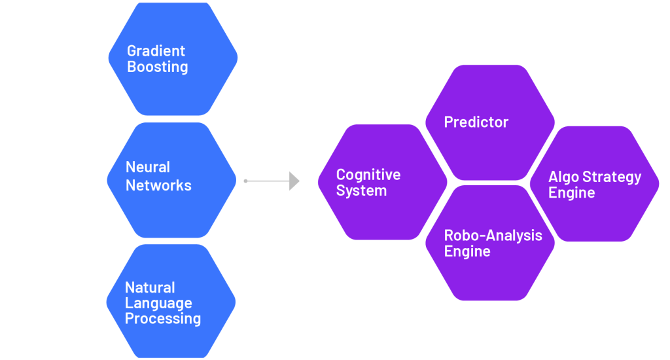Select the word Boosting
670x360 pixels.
[x=157, y=67]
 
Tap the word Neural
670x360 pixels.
[x=148, y=168]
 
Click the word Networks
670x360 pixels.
[x=158, y=185]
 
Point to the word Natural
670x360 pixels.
[x=150, y=288]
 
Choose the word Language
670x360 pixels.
[x=158, y=304]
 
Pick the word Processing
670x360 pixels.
[x=162, y=319]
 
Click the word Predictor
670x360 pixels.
[x=476, y=122]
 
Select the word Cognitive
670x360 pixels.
[x=368, y=175]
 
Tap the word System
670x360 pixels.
[x=361, y=191]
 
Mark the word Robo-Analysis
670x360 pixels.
[x=493, y=236]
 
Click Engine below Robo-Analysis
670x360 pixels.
[x=467, y=252]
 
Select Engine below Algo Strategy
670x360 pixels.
[x=571, y=193]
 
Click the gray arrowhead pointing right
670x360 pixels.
[x=294, y=181]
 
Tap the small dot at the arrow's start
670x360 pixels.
[x=245, y=181]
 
